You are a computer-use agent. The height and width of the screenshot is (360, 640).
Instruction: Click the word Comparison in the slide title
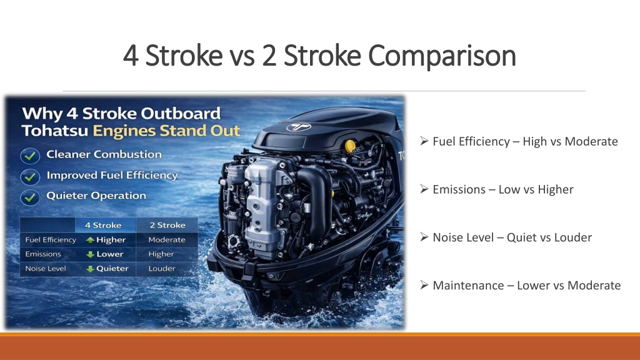pos(442,56)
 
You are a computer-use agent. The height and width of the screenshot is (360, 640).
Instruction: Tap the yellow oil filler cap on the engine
pos(350,145)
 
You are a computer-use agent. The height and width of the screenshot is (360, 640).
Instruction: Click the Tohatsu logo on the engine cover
pos(299,127)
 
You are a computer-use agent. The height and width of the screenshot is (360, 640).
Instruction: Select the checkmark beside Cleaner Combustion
pos(30,155)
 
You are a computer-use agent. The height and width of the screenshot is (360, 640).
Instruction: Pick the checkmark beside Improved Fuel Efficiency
pos(30,176)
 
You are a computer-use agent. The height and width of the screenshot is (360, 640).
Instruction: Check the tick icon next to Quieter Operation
pos(30,197)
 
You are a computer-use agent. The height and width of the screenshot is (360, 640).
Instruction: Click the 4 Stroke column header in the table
pos(103,225)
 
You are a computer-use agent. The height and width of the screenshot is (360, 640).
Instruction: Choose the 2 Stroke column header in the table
pos(167,225)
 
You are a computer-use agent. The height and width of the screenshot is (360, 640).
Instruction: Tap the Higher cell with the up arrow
pos(106,239)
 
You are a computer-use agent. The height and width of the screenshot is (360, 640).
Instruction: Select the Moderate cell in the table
pos(166,239)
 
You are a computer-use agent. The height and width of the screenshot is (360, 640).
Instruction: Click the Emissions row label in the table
pos(43,254)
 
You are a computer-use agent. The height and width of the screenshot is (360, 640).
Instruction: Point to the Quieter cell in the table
pos(107,269)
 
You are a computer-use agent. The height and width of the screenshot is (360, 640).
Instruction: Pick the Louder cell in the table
pos(162,269)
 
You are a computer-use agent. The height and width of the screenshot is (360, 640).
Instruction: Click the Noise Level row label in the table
pos(45,269)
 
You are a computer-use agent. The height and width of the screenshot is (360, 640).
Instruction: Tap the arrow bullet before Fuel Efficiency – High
pos(424,141)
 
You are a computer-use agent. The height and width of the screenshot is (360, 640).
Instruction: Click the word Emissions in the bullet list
pos(459,189)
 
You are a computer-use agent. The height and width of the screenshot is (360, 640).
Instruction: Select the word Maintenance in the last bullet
pos(468,285)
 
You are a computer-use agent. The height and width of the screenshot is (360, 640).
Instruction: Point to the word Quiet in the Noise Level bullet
pos(521,237)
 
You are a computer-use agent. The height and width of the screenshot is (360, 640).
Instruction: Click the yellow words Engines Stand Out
pos(166,131)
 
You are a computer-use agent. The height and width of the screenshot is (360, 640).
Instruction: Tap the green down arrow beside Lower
pos(90,254)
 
